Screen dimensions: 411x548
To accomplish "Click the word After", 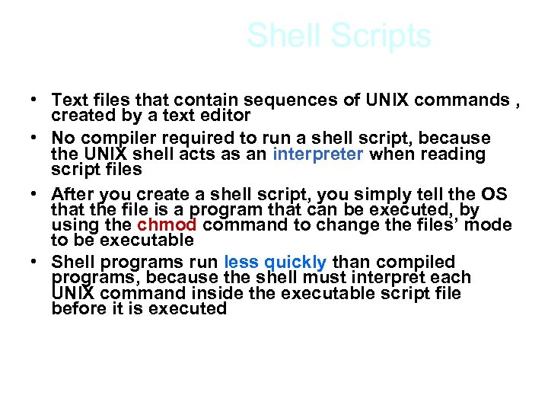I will (x=74, y=193).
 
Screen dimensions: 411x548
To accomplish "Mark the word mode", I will (x=491, y=225).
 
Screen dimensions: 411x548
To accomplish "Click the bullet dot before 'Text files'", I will (x=35, y=100).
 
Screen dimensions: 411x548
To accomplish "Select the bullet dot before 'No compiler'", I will (x=35, y=139).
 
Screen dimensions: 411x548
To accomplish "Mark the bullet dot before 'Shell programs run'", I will (x=35, y=263).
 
